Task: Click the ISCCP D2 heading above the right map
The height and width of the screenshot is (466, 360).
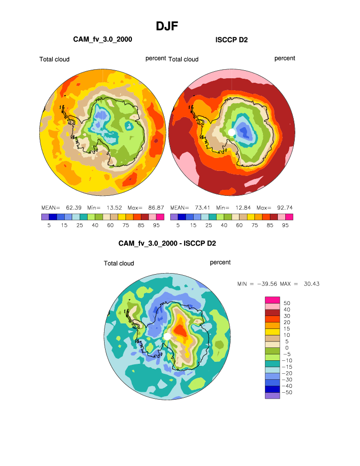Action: click(x=232, y=40)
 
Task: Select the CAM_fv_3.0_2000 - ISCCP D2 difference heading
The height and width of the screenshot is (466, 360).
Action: click(x=167, y=243)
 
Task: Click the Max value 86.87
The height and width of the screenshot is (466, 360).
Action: click(x=156, y=207)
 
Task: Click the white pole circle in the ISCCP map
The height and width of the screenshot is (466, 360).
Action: click(x=232, y=132)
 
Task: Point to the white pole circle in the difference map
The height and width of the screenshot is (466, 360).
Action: click(x=167, y=337)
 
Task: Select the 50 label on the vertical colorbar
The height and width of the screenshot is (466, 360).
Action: click(x=287, y=303)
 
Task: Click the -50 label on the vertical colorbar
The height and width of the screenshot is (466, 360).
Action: click(x=287, y=392)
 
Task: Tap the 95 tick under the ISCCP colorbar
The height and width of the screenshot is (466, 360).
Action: click(x=285, y=225)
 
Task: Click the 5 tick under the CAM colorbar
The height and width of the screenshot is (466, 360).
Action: click(x=49, y=225)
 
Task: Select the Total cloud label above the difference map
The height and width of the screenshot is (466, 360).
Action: click(x=119, y=264)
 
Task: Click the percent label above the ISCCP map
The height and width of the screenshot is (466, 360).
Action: click(x=285, y=58)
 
